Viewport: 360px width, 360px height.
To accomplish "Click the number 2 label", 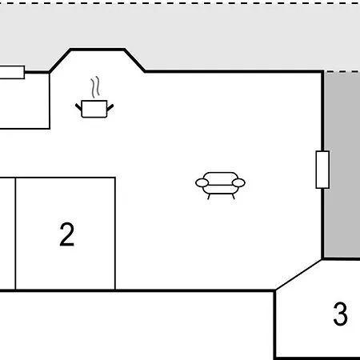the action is pyautogui.click(x=66, y=234).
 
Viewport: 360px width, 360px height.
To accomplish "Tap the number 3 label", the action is pyautogui.click(x=341, y=314).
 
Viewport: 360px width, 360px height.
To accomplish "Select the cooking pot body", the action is pyautogui.click(x=94, y=109).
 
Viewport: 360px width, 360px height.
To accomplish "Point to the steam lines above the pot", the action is pyautogui.click(x=95, y=87).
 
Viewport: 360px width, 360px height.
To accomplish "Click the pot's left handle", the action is pyautogui.click(x=78, y=107).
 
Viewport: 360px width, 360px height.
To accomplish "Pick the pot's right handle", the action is pyautogui.click(x=110, y=107).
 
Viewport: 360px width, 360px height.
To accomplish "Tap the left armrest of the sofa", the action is pyautogui.click(x=202, y=183).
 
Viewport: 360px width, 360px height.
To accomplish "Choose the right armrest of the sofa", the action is pyautogui.click(x=238, y=183).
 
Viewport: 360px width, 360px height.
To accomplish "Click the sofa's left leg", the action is pyautogui.click(x=209, y=197).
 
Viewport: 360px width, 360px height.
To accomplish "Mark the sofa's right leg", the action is pyautogui.click(x=234, y=197).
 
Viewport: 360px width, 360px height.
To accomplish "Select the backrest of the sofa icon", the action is pyautogui.click(x=220, y=178).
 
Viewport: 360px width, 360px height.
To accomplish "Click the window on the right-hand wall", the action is pyautogui.click(x=322, y=170).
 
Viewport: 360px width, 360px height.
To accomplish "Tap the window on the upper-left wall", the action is pyautogui.click(x=12, y=72).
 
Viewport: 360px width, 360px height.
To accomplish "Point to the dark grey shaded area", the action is pyautogui.click(x=342, y=165).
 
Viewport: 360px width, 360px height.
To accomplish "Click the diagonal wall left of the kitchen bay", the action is pyautogui.click(x=60, y=61).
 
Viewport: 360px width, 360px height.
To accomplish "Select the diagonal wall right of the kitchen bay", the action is pyautogui.click(x=134, y=61).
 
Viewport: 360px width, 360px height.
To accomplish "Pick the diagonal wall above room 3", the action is pyautogui.click(x=298, y=274).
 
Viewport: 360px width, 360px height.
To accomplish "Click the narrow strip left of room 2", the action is pyautogui.click(x=7, y=234).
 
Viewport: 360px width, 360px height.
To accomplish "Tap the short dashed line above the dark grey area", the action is pyautogui.click(x=342, y=71).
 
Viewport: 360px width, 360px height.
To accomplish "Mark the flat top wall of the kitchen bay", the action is pyautogui.click(x=98, y=50).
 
